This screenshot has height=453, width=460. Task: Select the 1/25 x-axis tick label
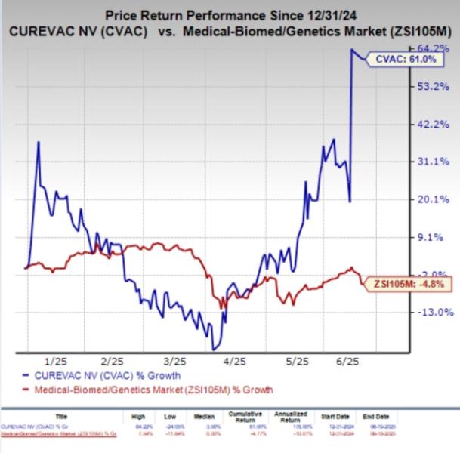coord(57,362)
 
